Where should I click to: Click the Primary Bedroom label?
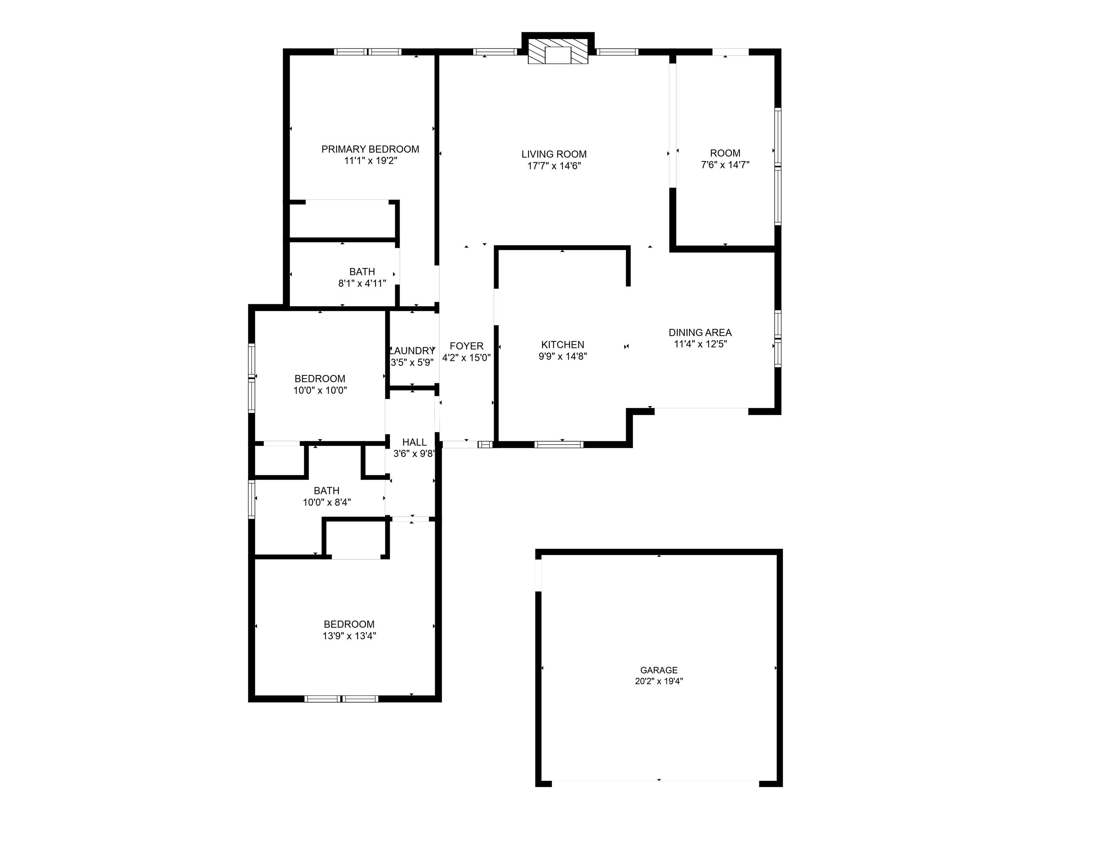click(x=370, y=149)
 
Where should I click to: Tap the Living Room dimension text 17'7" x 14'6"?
click(x=554, y=166)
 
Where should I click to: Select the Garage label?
click(x=659, y=670)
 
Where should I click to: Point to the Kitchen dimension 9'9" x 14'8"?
click(x=563, y=356)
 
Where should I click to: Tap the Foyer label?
click(x=466, y=346)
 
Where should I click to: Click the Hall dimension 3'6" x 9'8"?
click(x=414, y=453)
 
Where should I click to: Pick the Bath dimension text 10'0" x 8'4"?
click(x=327, y=503)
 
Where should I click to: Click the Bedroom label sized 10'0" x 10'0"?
click(x=320, y=379)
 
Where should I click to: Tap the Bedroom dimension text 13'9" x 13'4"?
click(x=349, y=636)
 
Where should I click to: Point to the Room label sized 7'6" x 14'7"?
click(x=725, y=153)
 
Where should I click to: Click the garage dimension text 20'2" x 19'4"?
click(x=659, y=681)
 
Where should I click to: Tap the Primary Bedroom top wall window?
click(x=368, y=52)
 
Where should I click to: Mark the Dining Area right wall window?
click(x=778, y=338)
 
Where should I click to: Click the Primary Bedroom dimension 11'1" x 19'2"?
click(x=370, y=161)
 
